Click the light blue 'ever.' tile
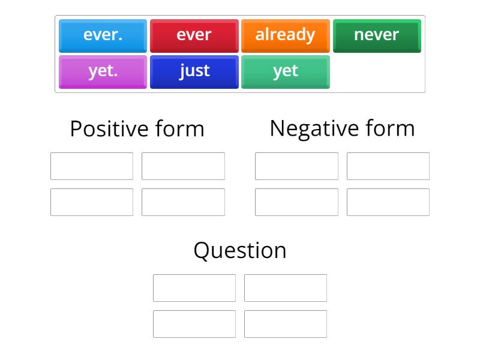point(103,35)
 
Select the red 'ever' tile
point(194,35)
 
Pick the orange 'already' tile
point(285,35)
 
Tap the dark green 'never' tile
point(377,35)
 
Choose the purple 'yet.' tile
point(103,71)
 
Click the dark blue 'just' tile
point(194,71)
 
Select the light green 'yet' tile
point(285,71)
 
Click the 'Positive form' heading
point(137,129)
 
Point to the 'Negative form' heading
point(342,128)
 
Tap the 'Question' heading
point(240,250)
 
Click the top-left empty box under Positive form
point(92,166)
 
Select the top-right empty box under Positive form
point(183,166)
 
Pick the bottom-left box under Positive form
point(92,202)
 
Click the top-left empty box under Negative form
point(296,166)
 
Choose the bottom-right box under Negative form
point(388,202)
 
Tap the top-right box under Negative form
point(388,166)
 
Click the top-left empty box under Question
point(194,288)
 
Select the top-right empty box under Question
point(286,288)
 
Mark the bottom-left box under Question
point(194,324)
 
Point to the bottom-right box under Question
point(286,324)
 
